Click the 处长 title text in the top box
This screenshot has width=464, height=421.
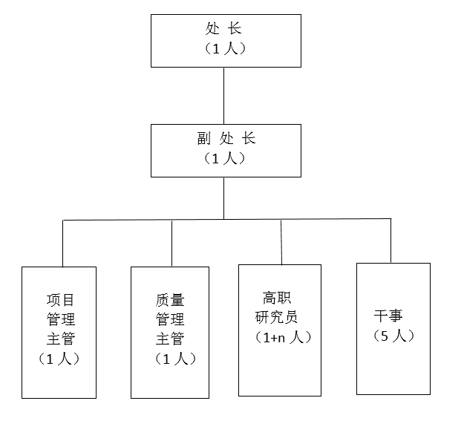pos(223,29)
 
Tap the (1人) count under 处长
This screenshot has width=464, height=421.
pos(225,48)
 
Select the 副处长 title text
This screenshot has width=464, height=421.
pos(226,138)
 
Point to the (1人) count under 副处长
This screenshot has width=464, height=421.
pos(225,158)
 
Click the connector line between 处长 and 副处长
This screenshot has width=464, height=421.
pos(223,96)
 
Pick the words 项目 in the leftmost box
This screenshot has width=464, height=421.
pos(60,300)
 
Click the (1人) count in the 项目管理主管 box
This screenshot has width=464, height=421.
pos(59,359)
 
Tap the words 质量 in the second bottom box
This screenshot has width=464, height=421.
pos(170,300)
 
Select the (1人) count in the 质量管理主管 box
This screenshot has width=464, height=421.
pos(175,359)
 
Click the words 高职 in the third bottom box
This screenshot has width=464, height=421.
pos(277,298)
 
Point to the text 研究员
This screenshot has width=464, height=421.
pos(276,317)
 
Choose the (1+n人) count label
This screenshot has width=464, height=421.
pos(283,337)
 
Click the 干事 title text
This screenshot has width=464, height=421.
pos(388,316)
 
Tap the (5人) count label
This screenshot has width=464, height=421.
pos(393,336)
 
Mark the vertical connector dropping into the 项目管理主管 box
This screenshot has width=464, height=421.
pos(63,244)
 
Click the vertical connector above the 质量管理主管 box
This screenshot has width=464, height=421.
pos(172,243)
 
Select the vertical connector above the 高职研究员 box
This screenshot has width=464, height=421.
pos(281,242)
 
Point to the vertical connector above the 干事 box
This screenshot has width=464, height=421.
pos(391,241)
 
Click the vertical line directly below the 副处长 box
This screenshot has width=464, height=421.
pos(223,198)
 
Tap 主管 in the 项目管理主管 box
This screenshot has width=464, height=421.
pos(60,339)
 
